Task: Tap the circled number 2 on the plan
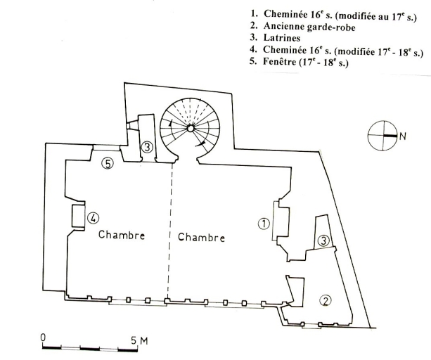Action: [325, 300]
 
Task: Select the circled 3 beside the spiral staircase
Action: [147, 147]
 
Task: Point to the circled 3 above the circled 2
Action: [322, 241]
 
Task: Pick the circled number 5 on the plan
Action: [108, 164]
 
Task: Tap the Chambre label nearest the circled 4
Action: [122, 236]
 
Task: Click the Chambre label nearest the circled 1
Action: [201, 237]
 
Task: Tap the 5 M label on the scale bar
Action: [139, 340]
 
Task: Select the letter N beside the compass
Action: [403, 137]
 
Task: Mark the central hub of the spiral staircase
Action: [190, 129]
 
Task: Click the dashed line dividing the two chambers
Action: [169, 232]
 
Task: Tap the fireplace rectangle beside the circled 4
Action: [77, 217]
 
